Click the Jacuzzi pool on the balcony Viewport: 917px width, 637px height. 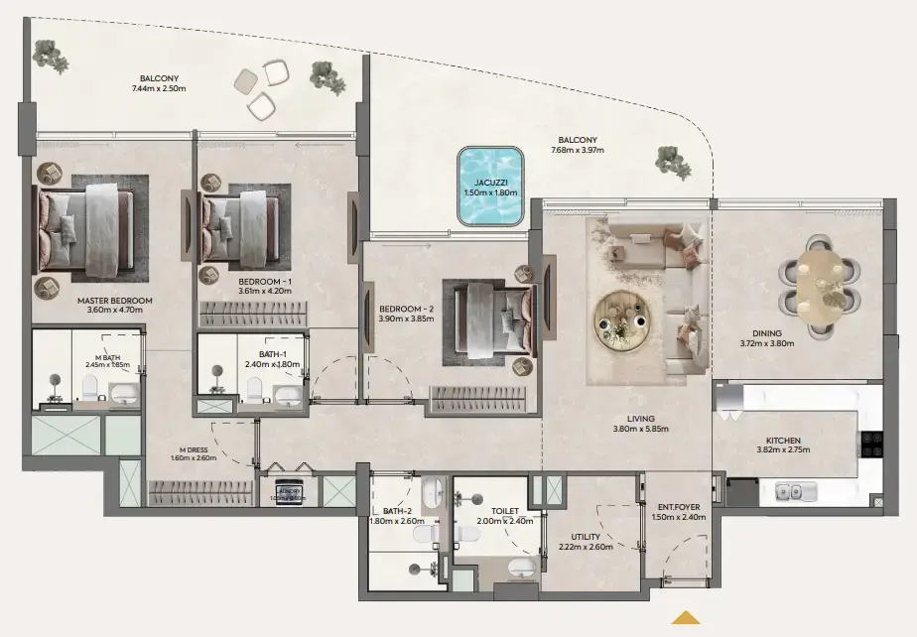[x=489, y=185]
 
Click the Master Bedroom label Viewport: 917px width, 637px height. [x=114, y=301]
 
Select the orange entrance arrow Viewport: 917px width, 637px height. [x=685, y=618]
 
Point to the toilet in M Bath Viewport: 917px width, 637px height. [x=87, y=387]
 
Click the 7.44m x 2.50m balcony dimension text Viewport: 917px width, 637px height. [x=159, y=89]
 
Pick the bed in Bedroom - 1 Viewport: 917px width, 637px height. [x=241, y=226]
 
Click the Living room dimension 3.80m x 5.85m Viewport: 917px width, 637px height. [x=640, y=430]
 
